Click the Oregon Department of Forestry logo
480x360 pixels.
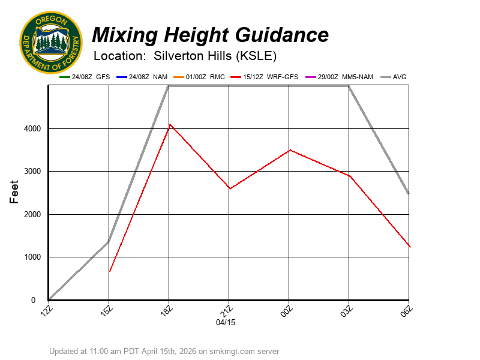point(50,42)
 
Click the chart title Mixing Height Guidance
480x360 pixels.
point(210,35)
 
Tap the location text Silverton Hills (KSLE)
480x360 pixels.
point(215,56)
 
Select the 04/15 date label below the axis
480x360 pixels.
point(226,322)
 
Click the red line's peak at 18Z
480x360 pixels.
point(169,124)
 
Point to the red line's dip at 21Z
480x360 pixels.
point(229,189)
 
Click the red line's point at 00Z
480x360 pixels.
point(289,150)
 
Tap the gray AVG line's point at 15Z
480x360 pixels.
point(109,241)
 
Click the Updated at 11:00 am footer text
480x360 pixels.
point(164,351)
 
